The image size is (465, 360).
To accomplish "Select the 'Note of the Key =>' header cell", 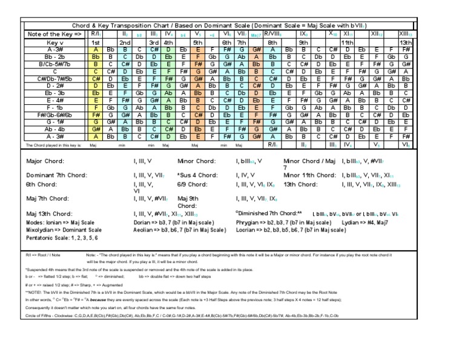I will click(x=55, y=35).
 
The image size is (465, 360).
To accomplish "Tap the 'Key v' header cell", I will click(x=55, y=43).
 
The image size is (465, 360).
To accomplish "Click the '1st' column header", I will click(x=96, y=43).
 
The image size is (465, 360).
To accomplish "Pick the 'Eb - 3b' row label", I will click(x=55, y=93).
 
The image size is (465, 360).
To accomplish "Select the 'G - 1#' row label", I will click(x=55, y=122).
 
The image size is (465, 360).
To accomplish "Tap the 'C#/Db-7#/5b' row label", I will click(x=55, y=79).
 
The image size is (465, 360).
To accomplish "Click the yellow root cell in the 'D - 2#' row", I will click(x=96, y=86).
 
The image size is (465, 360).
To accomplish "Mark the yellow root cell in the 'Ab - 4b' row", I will click(x=96, y=129).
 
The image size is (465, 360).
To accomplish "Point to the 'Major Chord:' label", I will click(x=46, y=162).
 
